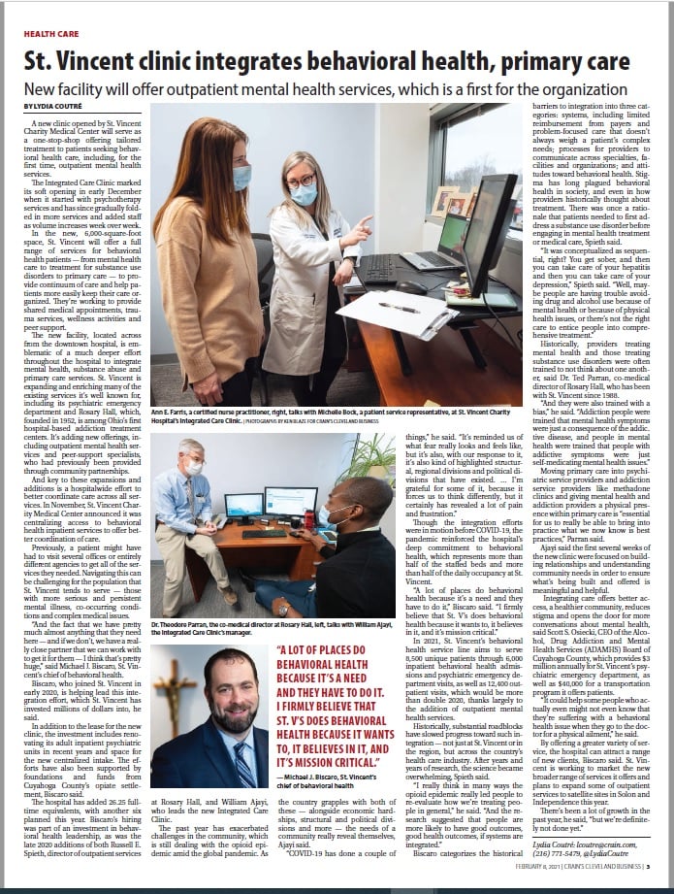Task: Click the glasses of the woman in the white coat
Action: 302,182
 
